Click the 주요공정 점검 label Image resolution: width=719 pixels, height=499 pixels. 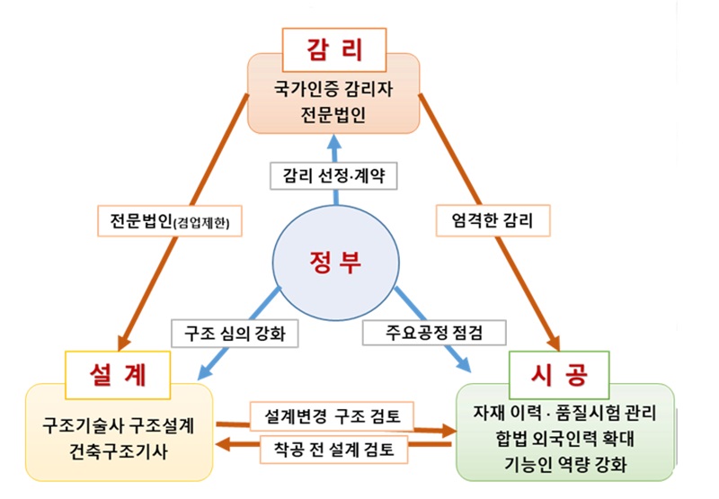(436, 332)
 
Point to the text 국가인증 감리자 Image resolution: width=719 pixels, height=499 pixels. (333, 90)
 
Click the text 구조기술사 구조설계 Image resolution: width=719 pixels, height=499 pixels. (119, 423)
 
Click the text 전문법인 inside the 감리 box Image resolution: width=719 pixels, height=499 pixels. (333, 114)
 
